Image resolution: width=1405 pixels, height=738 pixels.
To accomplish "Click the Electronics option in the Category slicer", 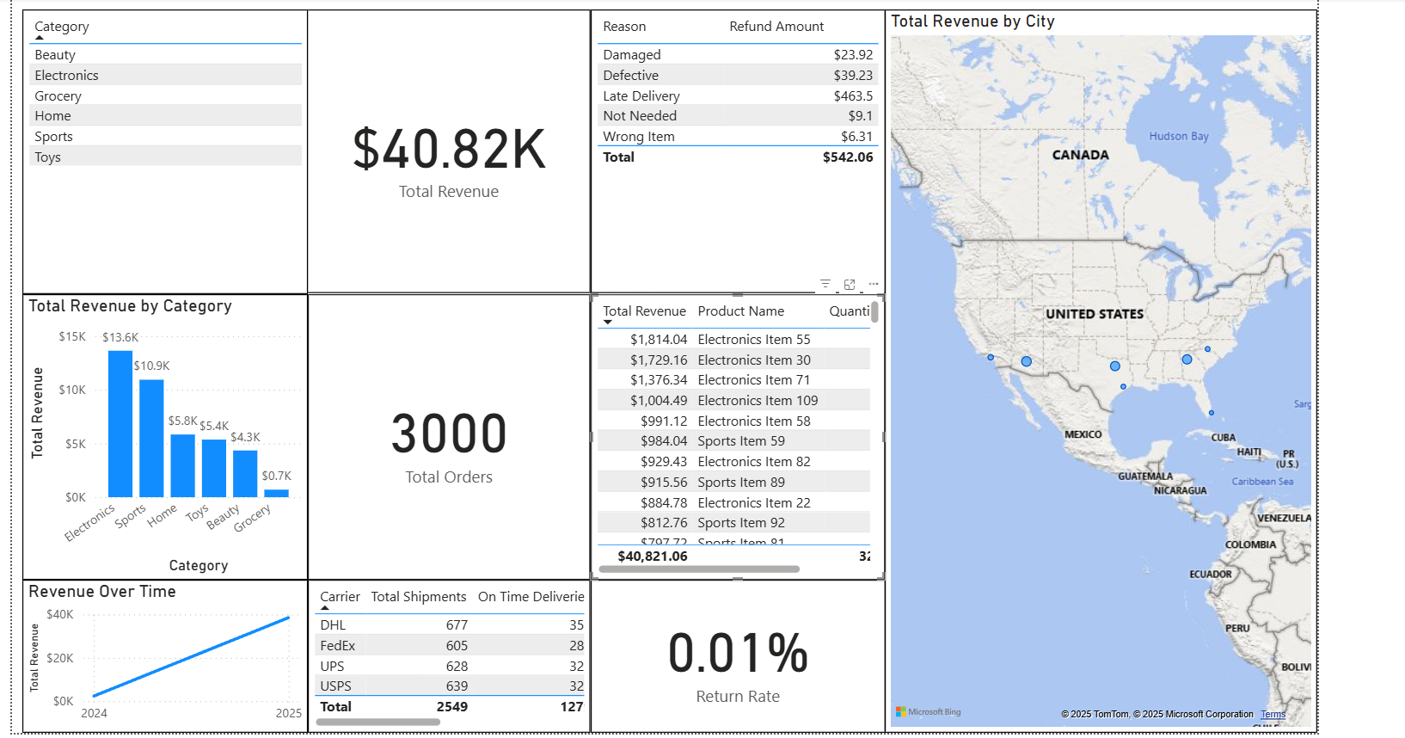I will coord(67,76).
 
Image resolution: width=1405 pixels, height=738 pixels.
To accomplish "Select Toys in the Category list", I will coord(48,157).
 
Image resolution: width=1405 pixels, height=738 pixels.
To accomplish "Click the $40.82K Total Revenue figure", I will coord(449,150).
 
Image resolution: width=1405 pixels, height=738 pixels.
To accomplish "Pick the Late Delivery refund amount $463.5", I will coord(852,96).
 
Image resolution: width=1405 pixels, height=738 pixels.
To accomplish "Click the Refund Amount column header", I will coord(776,27).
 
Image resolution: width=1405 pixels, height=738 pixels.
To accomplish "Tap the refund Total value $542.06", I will coord(847,157).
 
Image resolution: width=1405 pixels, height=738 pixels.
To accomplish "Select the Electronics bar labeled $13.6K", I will coord(120,423).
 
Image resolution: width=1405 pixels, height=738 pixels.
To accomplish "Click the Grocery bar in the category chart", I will coord(276,493).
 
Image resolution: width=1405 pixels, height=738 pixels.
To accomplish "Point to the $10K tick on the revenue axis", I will coord(72,391).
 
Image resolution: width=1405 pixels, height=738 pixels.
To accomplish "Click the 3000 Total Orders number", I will coord(449,434).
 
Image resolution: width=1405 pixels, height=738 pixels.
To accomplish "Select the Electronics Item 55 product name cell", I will coord(753,340).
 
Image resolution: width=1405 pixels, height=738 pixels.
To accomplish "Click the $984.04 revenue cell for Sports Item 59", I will coord(663,441).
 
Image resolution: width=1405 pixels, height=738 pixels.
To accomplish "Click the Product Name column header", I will coord(740,311).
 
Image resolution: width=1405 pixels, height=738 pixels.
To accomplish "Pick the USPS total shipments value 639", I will coord(457,686).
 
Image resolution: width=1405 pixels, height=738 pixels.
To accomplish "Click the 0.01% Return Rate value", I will coord(738,654).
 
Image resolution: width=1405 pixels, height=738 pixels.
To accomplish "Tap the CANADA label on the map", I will coord(1080,155).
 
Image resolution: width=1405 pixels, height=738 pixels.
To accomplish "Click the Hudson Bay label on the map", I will coord(1178,136).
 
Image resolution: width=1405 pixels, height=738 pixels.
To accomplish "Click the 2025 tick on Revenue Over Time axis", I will coord(288,713).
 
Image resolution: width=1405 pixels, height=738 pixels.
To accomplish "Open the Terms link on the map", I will coord(1273,715).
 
